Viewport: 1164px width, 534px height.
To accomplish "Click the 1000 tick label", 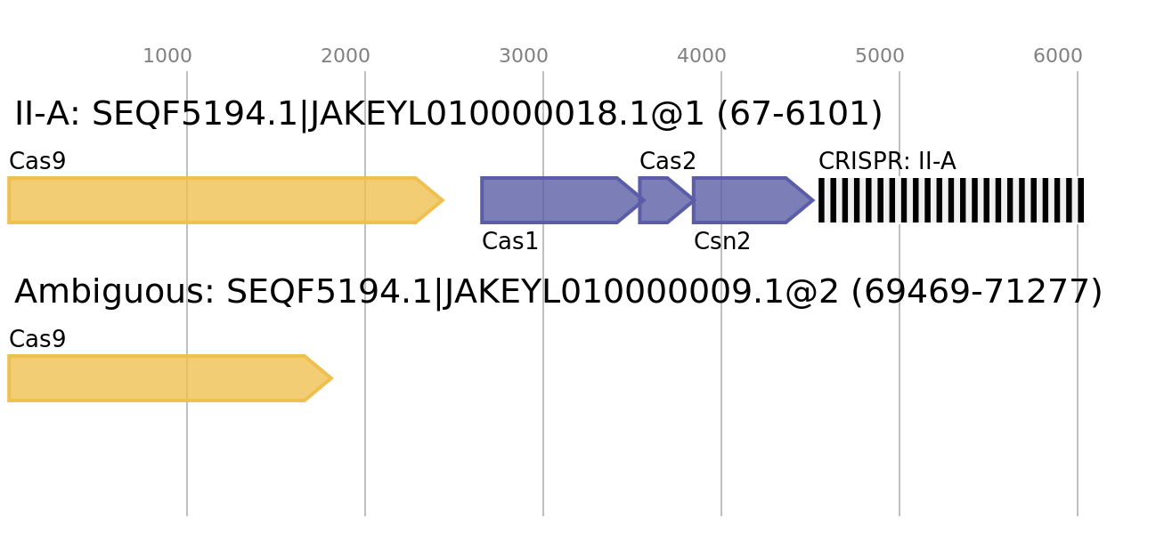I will pyautogui.click(x=167, y=56).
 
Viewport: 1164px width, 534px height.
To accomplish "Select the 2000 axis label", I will pyautogui.click(x=346, y=56).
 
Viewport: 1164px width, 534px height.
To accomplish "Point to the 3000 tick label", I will pyautogui.click(x=524, y=56).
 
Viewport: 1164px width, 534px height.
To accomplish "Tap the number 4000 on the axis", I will pyautogui.click(x=702, y=56).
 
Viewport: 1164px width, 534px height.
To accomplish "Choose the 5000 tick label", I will pyautogui.click(x=880, y=56).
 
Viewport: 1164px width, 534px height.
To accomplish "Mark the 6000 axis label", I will pyautogui.click(x=1058, y=56).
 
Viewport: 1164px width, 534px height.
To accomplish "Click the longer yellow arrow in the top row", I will pyautogui.click(x=214, y=200).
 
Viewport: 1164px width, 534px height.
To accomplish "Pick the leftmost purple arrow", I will pyautogui.click(x=552, y=200).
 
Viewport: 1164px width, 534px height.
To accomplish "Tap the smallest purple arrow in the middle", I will pyautogui.click(x=661, y=200).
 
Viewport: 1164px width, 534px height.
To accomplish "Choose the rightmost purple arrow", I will pyautogui.click(x=744, y=200).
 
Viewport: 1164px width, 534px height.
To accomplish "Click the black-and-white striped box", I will pyautogui.click(x=951, y=200).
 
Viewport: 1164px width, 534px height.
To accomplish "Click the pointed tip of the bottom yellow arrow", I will pyautogui.click(x=330, y=378).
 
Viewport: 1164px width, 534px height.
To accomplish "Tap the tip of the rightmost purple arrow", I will pyautogui.click(x=813, y=200).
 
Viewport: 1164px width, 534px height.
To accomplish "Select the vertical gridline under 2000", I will pyautogui.click(x=365, y=445).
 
